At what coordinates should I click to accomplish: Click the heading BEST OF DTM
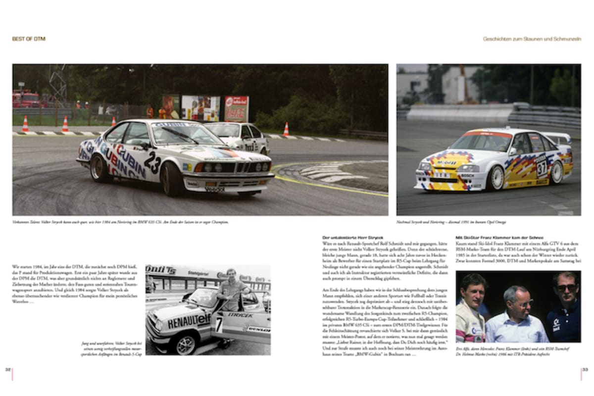click(x=29, y=39)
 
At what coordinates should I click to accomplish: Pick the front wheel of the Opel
click(x=495, y=178)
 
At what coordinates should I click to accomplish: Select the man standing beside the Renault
click(x=231, y=292)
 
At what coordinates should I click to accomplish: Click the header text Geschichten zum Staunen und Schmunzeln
click(x=532, y=39)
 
